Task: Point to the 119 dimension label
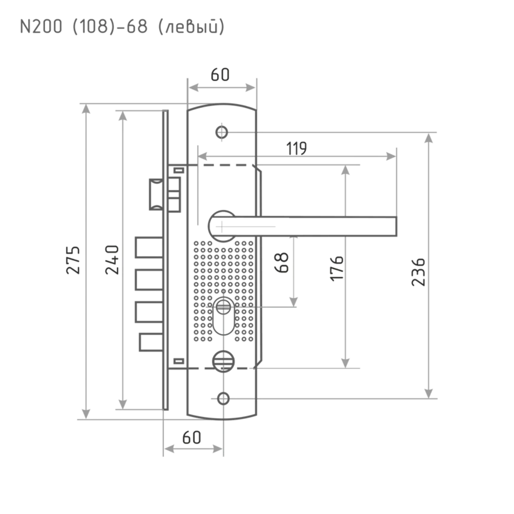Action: click(x=297, y=148)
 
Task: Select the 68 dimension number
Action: click(x=283, y=262)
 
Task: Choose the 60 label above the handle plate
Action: click(x=220, y=75)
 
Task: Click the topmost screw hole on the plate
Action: click(x=222, y=132)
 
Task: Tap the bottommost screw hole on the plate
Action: click(x=224, y=397)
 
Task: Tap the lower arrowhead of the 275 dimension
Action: click(x=86, y=412)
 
